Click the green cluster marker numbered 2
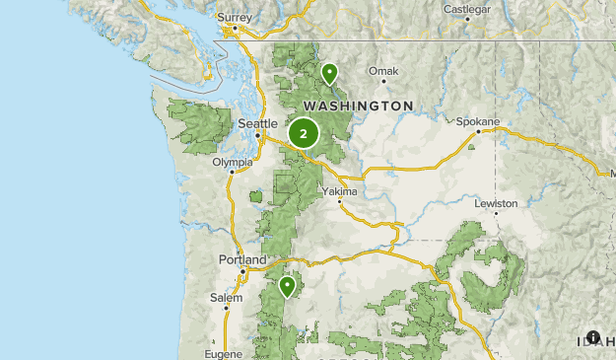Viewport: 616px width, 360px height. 303,132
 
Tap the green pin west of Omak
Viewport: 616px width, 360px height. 329,72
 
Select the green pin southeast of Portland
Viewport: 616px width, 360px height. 287,286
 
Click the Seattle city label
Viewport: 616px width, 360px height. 258,123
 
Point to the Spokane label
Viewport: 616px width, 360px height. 478,121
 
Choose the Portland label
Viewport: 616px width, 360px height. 241,259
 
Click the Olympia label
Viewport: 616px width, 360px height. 233,162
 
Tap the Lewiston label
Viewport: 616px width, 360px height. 496,203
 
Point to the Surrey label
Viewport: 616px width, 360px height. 235,17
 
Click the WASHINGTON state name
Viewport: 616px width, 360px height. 358,105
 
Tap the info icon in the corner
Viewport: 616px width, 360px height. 592,337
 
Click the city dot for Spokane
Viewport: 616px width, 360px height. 478,131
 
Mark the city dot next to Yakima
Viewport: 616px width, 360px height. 339,201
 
